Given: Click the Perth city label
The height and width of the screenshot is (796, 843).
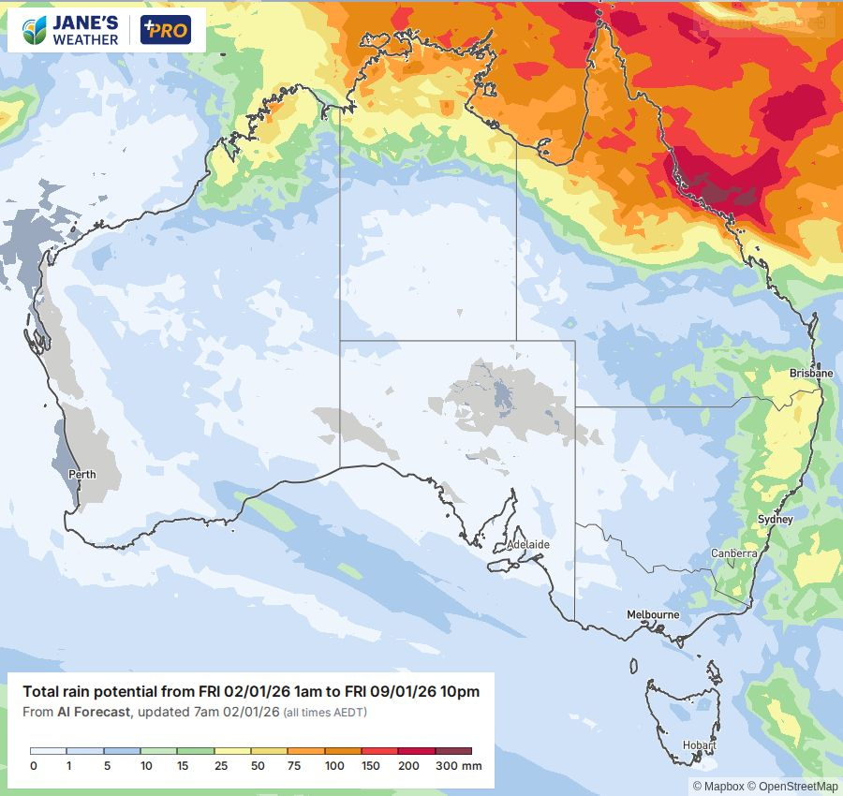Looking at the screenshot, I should [82, 474].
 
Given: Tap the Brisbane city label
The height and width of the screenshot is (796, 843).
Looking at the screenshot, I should [810, 373].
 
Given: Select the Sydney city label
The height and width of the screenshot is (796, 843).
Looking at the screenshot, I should [775, 519].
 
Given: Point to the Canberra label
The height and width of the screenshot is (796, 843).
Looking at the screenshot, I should [733, 553].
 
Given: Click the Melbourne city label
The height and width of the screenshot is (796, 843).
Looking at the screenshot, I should [653, 614].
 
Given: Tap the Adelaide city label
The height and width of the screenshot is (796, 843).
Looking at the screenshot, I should [528, 544].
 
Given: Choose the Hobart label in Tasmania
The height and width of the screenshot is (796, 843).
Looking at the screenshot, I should [699, 746].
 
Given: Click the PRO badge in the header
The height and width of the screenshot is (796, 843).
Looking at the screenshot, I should [165, 30].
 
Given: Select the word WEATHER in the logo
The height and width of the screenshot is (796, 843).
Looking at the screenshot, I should [87, 40].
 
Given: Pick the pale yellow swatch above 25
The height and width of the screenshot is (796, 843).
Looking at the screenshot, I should [232, 751].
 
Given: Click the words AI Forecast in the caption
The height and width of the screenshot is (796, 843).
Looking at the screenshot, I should [93, 713].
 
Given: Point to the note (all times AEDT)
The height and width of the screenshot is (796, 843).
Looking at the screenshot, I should [326, 714].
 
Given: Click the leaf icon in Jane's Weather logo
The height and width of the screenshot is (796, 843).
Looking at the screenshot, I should [34, 30].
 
